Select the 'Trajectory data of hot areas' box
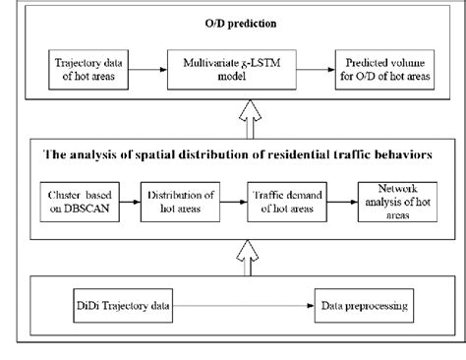coord(85,71)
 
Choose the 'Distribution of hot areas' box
coord(169,199)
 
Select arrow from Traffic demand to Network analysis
coord(333,199)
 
